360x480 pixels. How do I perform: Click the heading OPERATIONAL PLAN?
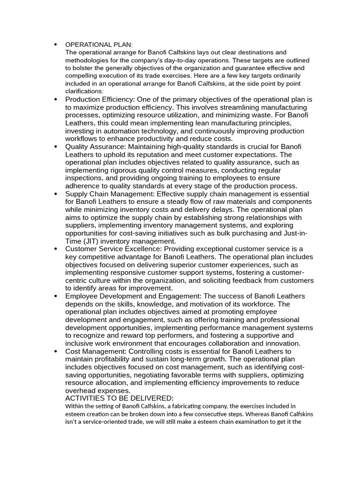(x=99, y=45)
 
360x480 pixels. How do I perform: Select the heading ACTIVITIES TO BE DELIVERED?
(x=119, y=398)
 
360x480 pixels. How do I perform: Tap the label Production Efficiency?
(x=100, y=99)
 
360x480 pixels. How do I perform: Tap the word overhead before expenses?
(x=81, y=391)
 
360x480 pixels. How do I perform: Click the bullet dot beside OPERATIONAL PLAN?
(x=55, y=45)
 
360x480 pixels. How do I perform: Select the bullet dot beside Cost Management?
(x=55, y=352)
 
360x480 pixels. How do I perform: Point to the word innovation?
(x=283, y=344)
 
